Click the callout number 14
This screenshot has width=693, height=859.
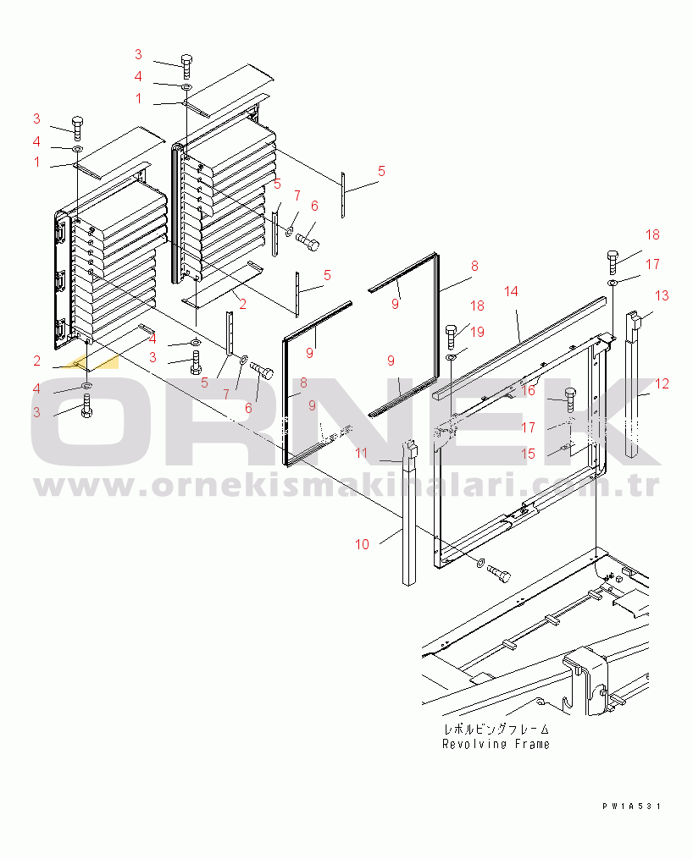pos(511,291)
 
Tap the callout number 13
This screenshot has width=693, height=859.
pos(662,296)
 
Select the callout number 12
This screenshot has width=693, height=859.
pos(662,383)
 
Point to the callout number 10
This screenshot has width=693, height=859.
pos(362,544)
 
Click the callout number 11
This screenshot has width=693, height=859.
pos(361,453)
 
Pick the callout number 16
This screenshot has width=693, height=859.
pos(528,390)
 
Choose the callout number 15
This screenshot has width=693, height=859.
pos(528,454)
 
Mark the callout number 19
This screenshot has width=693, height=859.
pos(477,332)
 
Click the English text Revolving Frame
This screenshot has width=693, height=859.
pos(496,744)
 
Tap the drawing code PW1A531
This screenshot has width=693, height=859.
pos(632,806)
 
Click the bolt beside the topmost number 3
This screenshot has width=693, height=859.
pos(186,68)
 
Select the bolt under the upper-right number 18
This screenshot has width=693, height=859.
pos(613,262)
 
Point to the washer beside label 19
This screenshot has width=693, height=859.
pos(452,358)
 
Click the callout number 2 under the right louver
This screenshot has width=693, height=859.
pos(242,304)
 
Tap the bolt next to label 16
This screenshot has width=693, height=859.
pos(569,400)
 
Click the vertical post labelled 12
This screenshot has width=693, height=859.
pos(633,384)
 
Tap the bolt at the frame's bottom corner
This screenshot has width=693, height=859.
pos(499,573)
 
